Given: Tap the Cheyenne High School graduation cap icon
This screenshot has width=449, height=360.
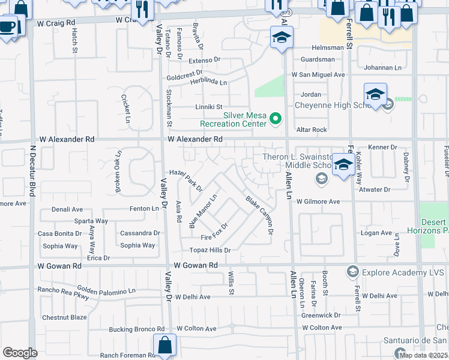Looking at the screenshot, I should (375, 95).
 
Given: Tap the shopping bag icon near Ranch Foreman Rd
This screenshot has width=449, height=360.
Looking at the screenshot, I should (164, 345).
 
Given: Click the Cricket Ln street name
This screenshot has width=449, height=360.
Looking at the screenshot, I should (126, 108).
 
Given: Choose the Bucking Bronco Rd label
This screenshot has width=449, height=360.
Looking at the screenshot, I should (136, 329).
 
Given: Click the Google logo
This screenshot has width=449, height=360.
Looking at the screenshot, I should (20, 353).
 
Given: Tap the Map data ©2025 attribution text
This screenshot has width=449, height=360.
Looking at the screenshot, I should (423, 355).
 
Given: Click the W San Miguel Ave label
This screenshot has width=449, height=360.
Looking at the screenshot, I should (318, 75).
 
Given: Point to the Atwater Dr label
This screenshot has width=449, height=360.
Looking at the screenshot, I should (374, 190).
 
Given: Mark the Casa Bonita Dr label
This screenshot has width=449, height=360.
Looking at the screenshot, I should (60, 233).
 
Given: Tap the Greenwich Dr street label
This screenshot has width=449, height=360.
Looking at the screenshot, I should (321, 314).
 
